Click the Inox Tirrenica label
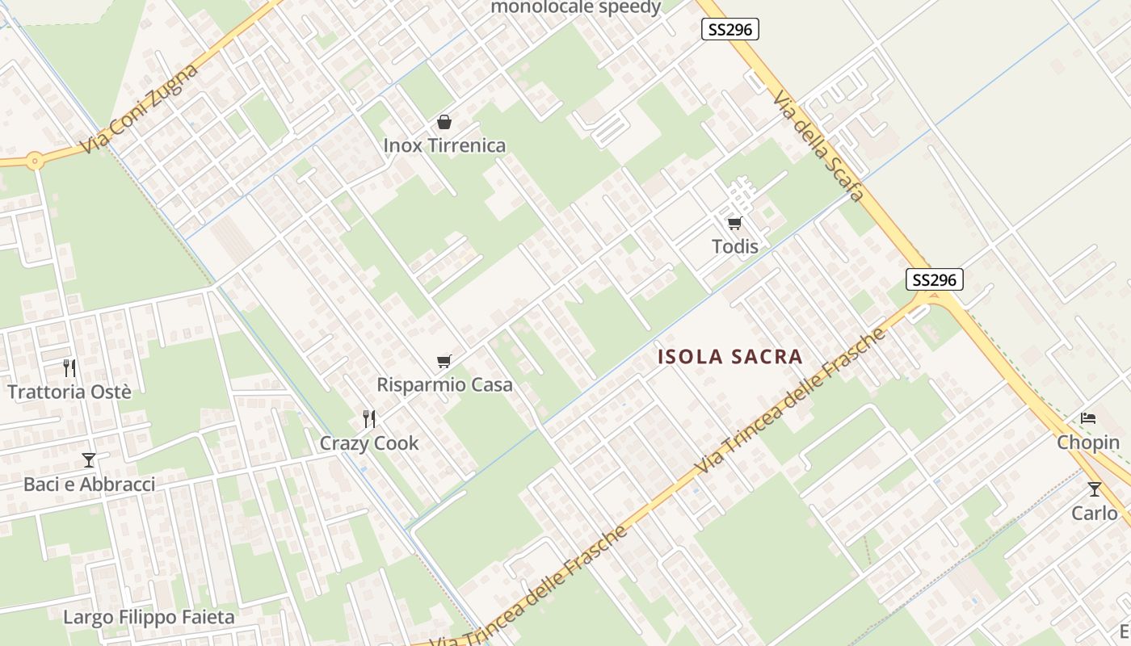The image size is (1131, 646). click(444, 146)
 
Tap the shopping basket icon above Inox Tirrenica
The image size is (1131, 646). click(444, 122)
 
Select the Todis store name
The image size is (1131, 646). click(735, 246)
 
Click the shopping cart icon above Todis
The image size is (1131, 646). click(734, 223)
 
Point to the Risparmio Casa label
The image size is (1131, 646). click(444, 385)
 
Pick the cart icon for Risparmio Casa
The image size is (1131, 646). click(444, 361)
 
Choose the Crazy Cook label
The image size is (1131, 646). click(369, 443)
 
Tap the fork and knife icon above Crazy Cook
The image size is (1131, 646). click(369, 419)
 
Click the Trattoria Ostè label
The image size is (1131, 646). click(69, 392)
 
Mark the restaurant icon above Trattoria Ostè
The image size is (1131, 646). click(69, 368)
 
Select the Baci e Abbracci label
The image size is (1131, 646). click(89, 484)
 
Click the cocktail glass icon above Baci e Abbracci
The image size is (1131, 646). click(89, 460)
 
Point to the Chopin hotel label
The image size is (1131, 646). click(1088, 443)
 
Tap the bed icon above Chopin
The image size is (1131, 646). click(1088, 418)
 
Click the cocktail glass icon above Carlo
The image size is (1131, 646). click(1094, 489)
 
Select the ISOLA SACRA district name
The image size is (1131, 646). click(730, 357)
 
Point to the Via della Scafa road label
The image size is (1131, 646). click(818, 145)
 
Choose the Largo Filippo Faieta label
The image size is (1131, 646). click(149, 618)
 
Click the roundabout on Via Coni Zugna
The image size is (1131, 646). click(34, 160)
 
